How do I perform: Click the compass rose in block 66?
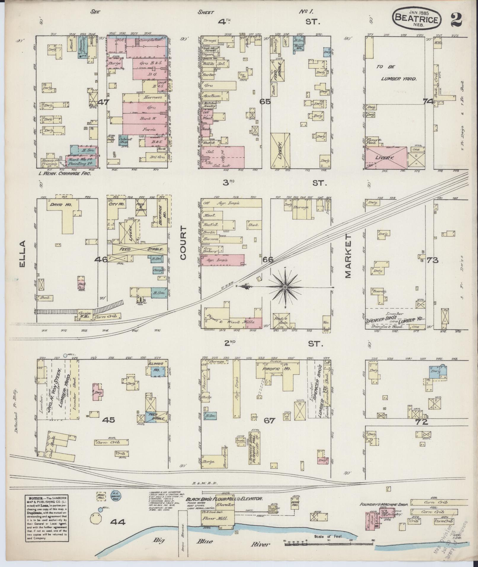(x=284, y=287)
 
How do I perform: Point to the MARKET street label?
(x=347, y=255)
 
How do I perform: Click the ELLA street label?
(x=23, y=254)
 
